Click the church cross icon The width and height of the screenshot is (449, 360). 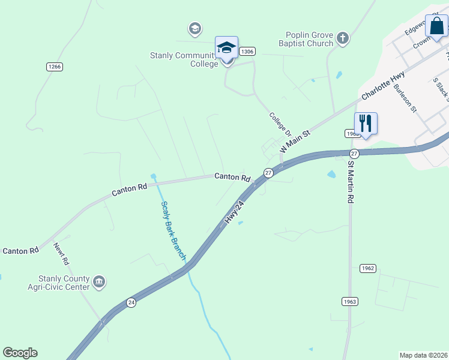coord(343,39)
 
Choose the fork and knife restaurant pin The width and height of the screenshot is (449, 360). coord(366,124)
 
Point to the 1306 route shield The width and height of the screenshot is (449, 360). coord(247,52)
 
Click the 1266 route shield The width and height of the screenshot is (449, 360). coord(55,67)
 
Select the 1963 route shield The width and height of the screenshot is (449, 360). coord(350,301)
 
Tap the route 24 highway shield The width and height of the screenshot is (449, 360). coord(131,303)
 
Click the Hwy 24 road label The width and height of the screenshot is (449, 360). coord(236,212)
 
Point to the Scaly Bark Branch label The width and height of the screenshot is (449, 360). coord(173,230)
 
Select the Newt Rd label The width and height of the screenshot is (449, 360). coord(61,254)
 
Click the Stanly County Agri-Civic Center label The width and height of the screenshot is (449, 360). coord(64,283)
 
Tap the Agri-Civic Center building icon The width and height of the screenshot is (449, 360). coord(100,280)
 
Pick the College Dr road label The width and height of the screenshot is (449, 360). coord(280,124)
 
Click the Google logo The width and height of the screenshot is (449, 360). coord(20,353)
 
